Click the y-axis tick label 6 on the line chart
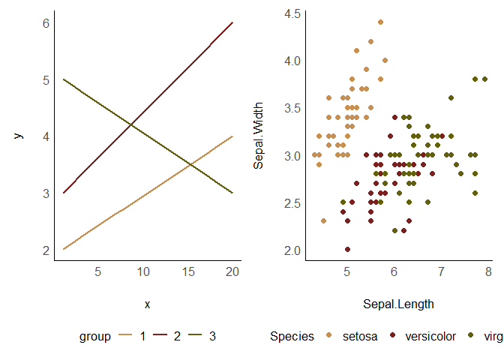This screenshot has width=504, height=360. (x=46, y=23)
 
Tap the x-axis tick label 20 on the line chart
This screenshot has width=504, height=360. (x=232, y=271)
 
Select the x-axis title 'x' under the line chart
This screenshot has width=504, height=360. (x=147, y=304)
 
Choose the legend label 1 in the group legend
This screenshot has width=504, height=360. (x=142, y=337)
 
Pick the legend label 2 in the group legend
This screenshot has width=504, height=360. (x=177, y=337)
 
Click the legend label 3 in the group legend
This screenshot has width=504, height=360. (x=212, y=337)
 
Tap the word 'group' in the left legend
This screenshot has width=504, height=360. (x=95, y=337)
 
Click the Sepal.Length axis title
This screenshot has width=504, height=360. (x=398, y=304)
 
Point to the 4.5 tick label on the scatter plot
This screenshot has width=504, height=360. (x=293, y=13)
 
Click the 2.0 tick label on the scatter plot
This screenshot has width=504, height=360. (x=293, y=250)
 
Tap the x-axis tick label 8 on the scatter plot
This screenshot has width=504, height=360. (x=489, y=271)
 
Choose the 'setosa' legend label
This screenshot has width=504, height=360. (x=360, y=337)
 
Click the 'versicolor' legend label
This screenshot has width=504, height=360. (x=430, y=337)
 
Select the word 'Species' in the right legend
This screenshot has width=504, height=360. (x=292, y=337)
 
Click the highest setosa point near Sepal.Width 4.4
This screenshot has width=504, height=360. (x=380, y=22)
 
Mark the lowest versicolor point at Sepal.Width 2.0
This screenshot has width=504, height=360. (x=347, y=250)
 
